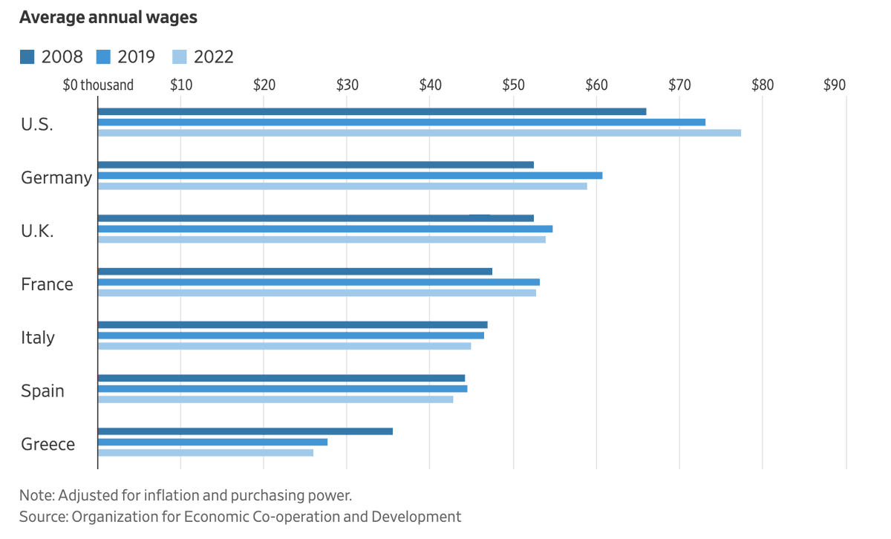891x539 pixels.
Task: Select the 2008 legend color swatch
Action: coord(27,56)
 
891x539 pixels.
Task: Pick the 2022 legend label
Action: coord(213,56)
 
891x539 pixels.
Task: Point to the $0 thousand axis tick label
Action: coord(99,85)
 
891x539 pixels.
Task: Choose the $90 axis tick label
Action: coord(835,85)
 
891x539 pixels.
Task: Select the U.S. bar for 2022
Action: coord(420,133)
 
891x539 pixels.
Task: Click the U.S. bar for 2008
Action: coord(371,111)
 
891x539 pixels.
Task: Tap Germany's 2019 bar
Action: coord(350,175)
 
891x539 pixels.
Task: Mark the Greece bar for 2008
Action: coord(245,431)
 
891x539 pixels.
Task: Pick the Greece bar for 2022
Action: coord(206,452)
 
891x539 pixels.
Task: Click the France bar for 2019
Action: coord(319,282)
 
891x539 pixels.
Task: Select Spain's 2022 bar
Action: coord(275,399)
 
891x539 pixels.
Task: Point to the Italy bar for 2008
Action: coord(293,324)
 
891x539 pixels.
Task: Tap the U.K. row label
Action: coord(37,231)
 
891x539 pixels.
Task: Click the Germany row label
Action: coord(56,178)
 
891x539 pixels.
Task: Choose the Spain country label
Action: coord(42,391)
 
